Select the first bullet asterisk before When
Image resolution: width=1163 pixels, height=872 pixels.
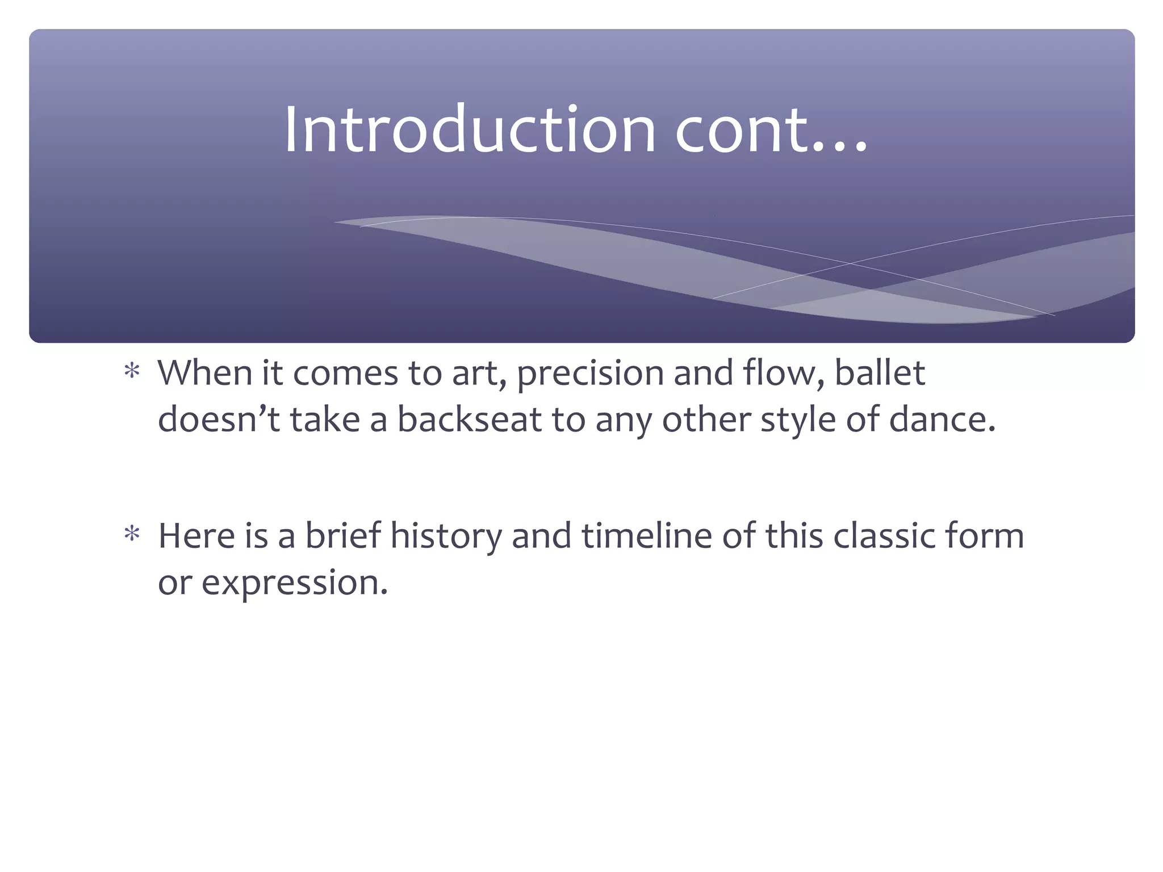click(132, 372)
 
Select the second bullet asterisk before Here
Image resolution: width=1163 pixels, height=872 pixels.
click(132, 534)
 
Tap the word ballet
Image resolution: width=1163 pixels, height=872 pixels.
click(880, 373)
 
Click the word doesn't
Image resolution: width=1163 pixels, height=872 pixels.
click(219, 420)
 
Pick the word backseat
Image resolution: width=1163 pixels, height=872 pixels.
click(470, 420)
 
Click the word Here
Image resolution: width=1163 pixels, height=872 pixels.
click(196, 535)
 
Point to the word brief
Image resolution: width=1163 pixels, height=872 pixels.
click(342, 535)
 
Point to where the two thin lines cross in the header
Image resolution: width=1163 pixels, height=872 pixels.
click(850, 263)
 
